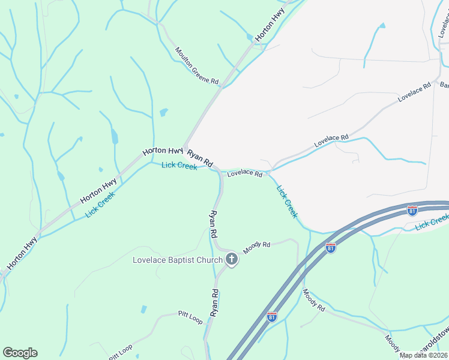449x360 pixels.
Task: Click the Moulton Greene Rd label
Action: point(197,67)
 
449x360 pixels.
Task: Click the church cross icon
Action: point(232,260)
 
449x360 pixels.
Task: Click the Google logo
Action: point(20,353)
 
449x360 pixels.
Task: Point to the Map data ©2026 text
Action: point(423,355)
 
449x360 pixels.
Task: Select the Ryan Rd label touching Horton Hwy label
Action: point(200,158)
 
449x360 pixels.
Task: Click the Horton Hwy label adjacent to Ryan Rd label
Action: point(163,152)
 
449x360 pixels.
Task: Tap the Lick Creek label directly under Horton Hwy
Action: point(179,166)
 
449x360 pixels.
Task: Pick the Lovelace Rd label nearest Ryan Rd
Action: point(244,174)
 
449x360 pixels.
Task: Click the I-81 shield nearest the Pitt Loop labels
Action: point(272,316)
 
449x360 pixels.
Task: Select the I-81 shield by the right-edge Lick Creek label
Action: point(412,211)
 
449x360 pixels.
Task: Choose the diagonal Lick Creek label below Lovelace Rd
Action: point(287,201)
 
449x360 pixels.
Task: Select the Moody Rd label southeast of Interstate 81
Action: point(313,300)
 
